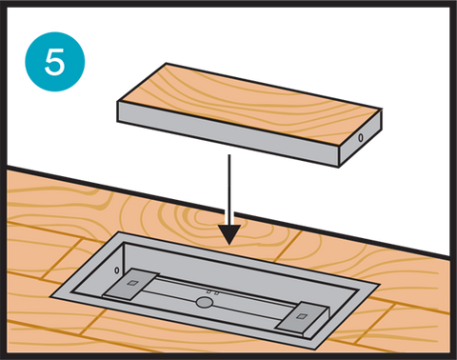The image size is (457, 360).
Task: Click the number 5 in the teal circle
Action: (54, 62)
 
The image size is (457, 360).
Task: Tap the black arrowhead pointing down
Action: (229, 234)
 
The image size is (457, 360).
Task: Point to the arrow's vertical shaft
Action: (229, 190)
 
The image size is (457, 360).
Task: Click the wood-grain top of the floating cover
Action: (251, 105)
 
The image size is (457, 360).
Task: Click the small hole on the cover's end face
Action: (361, 138)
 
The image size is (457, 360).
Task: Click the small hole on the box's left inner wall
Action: (117, 270)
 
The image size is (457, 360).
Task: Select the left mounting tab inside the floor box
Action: (131, 284)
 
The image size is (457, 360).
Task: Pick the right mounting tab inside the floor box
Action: (302, 317)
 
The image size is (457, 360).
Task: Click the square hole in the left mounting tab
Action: (131, 283)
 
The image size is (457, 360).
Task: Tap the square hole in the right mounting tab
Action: (301, 316)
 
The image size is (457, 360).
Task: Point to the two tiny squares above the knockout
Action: (212, 292)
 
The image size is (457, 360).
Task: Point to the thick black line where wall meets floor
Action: (228, 210)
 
